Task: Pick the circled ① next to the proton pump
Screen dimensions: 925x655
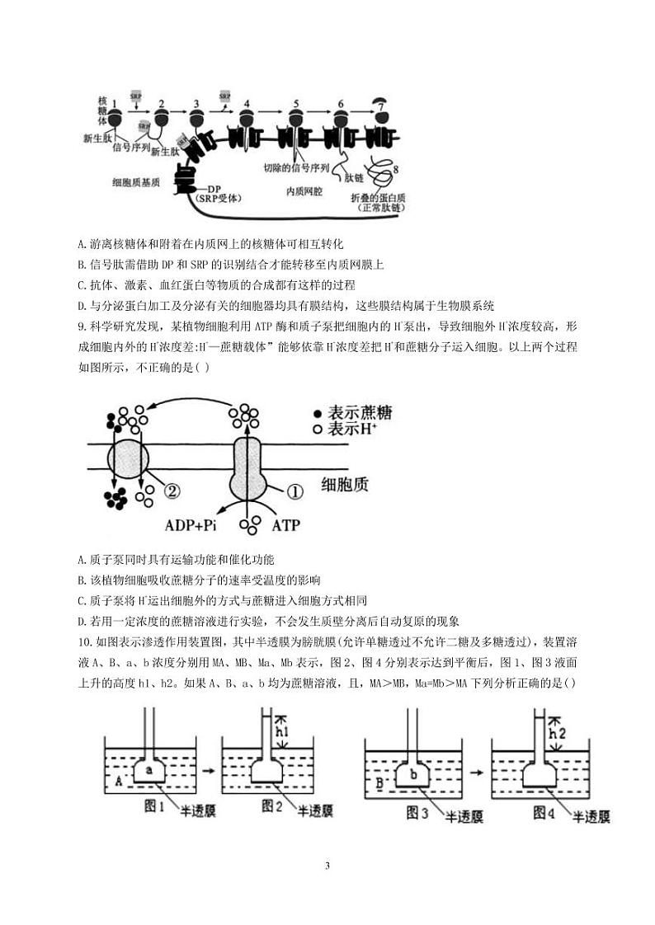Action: pos(294,491)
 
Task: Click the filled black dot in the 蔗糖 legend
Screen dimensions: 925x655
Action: pos(318,412)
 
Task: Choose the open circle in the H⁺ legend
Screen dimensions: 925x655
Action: pos(318,430)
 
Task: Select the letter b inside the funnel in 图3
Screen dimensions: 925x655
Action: pos(412,773)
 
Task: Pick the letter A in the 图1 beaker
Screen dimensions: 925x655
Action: pos(119,779)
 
